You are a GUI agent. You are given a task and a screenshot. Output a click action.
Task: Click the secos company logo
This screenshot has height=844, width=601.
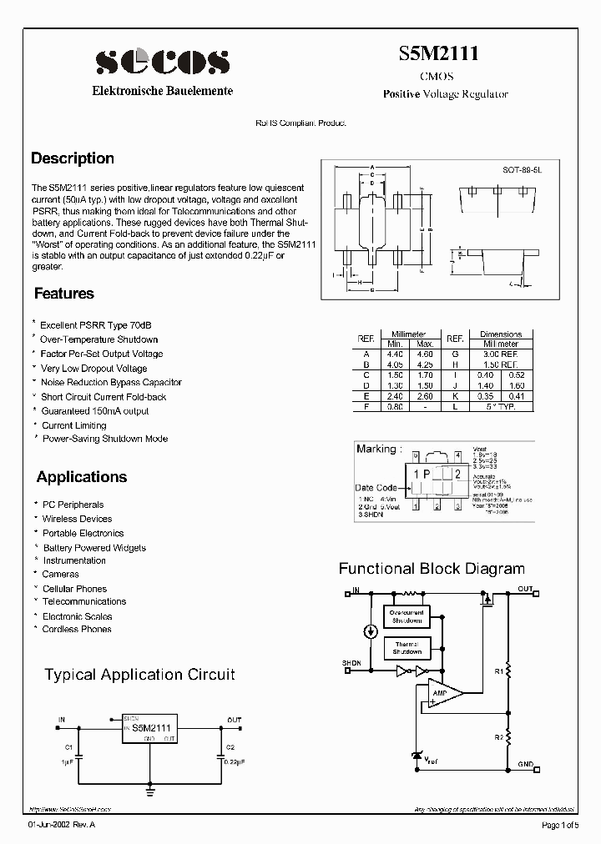tap(162, 62)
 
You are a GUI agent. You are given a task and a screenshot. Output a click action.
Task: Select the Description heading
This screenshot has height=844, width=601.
tap(73, 158)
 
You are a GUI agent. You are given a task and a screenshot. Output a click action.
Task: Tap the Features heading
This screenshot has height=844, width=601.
tap(63, 294)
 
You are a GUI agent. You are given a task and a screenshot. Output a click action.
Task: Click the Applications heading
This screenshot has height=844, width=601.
tap(81, 477)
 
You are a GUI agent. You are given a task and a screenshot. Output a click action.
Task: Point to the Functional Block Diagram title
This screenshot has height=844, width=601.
tap(431, 569)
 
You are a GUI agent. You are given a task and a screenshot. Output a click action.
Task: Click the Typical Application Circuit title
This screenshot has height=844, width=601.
tap(139, 674)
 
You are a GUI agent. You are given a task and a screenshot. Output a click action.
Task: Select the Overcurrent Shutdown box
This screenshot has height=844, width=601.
tap(407, 616)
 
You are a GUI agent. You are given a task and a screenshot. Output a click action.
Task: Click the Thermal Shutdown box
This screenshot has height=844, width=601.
tap(407, 648)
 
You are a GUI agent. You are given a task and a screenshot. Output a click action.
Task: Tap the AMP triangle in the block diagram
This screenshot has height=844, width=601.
tap(438, 692)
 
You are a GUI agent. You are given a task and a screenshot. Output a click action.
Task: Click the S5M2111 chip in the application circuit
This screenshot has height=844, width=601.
tap(149, 727)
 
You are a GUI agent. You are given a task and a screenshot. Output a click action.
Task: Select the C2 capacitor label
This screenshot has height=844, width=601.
tap(230, 747)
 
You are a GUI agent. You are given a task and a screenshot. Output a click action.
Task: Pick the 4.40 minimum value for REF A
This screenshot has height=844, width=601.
tap(394, 354)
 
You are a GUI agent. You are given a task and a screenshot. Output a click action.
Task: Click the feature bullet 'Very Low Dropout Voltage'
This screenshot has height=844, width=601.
tap(94, 369)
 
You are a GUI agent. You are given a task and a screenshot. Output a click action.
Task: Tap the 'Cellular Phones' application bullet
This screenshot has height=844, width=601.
tap(74, 589)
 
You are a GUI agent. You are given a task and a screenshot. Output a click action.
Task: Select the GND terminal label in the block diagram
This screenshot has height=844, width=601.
tap(525, 764)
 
